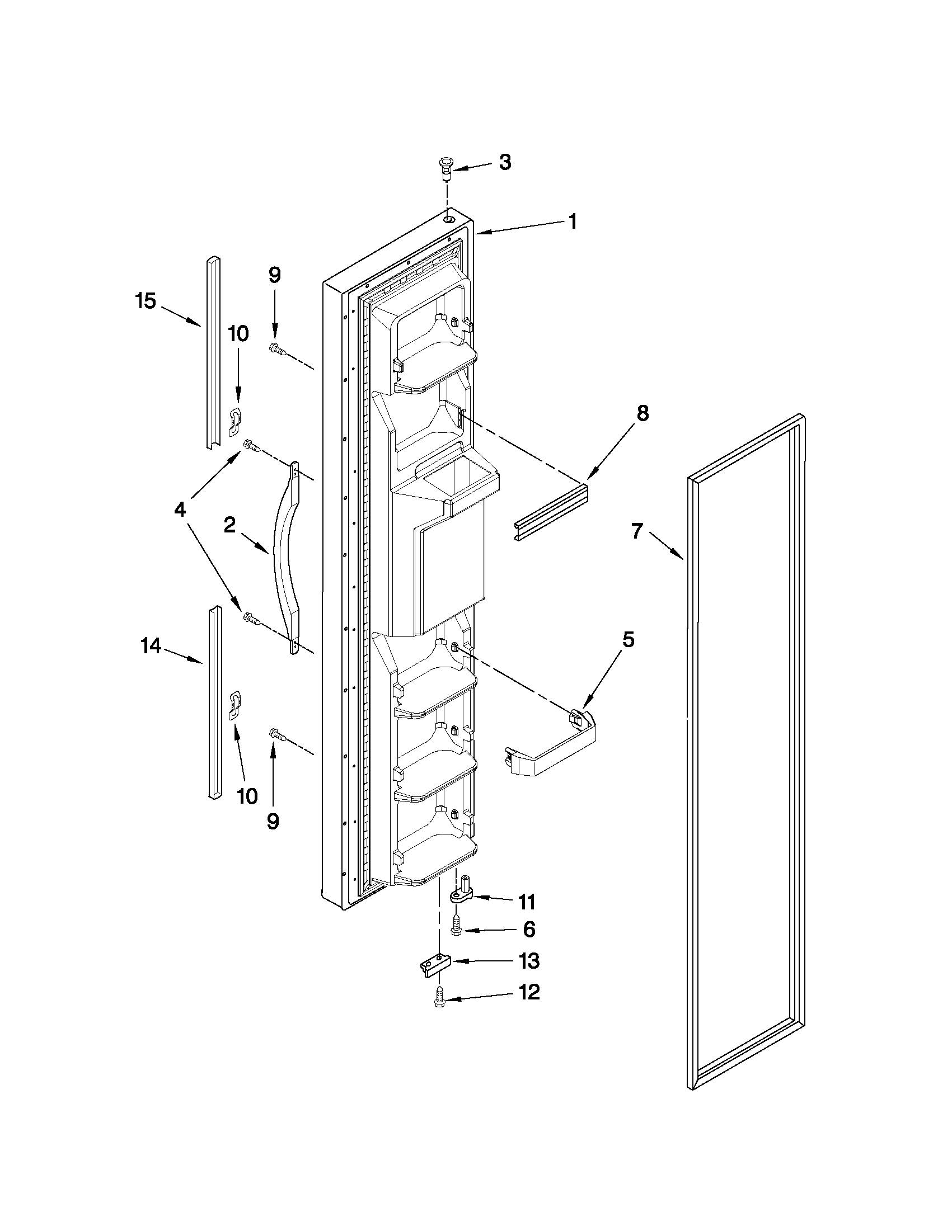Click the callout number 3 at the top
click(505, 163)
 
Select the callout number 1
click(573, 221)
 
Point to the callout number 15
click(146, 301)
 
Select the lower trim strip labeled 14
click(215, 702)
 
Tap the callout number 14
click(151, 646)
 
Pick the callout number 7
click(637, 531)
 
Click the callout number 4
click(179, 510)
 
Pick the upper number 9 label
click(274, 275)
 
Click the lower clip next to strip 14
click(236, 705)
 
